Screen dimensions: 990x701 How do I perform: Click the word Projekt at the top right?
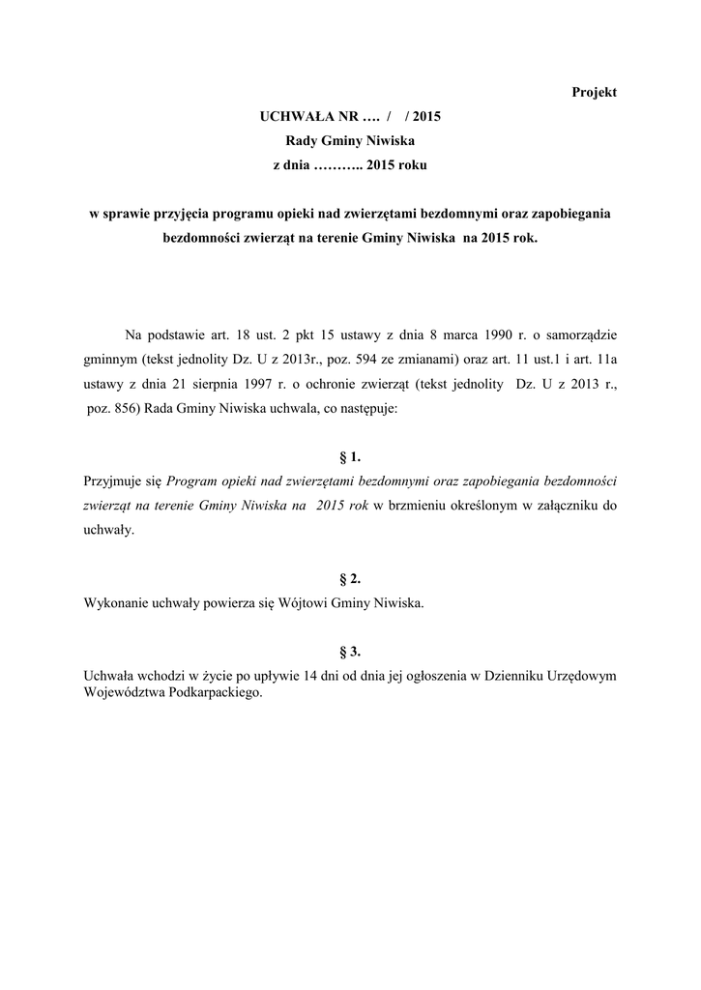point(595,92)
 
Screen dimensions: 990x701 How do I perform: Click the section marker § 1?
point(350,456)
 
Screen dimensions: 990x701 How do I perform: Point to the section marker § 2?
point(350,579)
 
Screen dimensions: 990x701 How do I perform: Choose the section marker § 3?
point(350,652)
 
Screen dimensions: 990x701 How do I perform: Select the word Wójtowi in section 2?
point(302,603)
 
